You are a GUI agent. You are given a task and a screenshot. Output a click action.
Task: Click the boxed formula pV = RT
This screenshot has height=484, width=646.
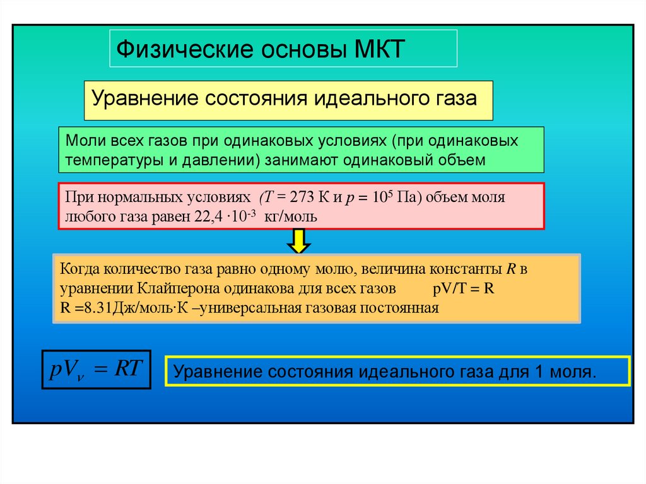coord(95,370)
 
